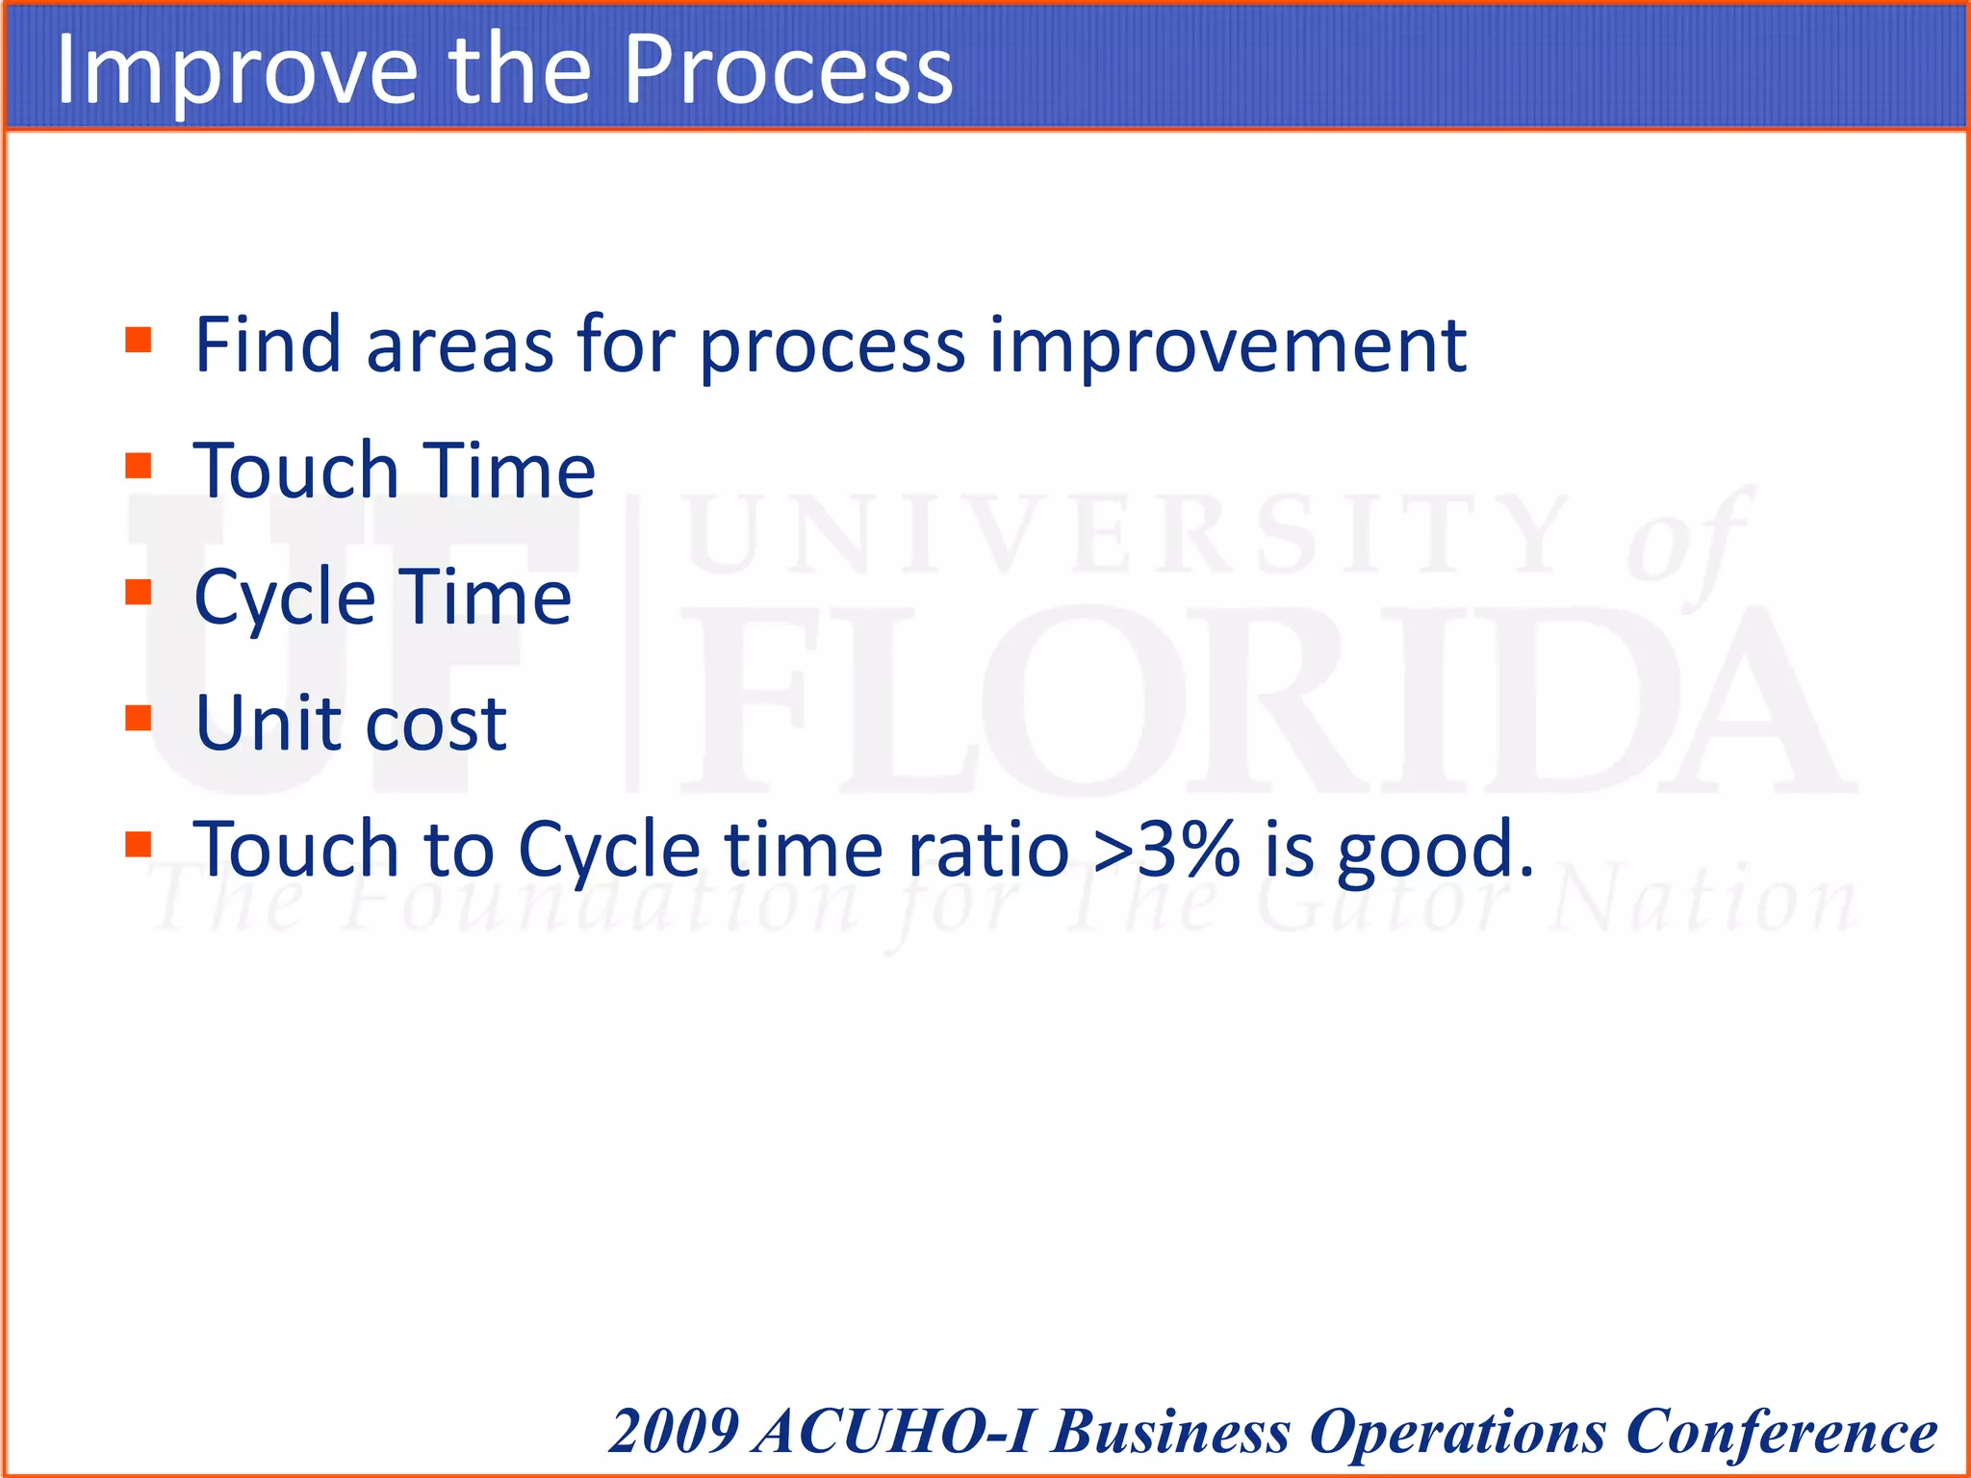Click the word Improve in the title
237,69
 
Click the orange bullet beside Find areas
139,341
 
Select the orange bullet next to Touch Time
139,467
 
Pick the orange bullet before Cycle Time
139,593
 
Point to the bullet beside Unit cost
139,719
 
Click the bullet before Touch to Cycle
139,845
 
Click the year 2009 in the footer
674,1431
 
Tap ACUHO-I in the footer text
895,1431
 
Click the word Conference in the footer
1780,1431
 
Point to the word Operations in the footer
1457,1431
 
